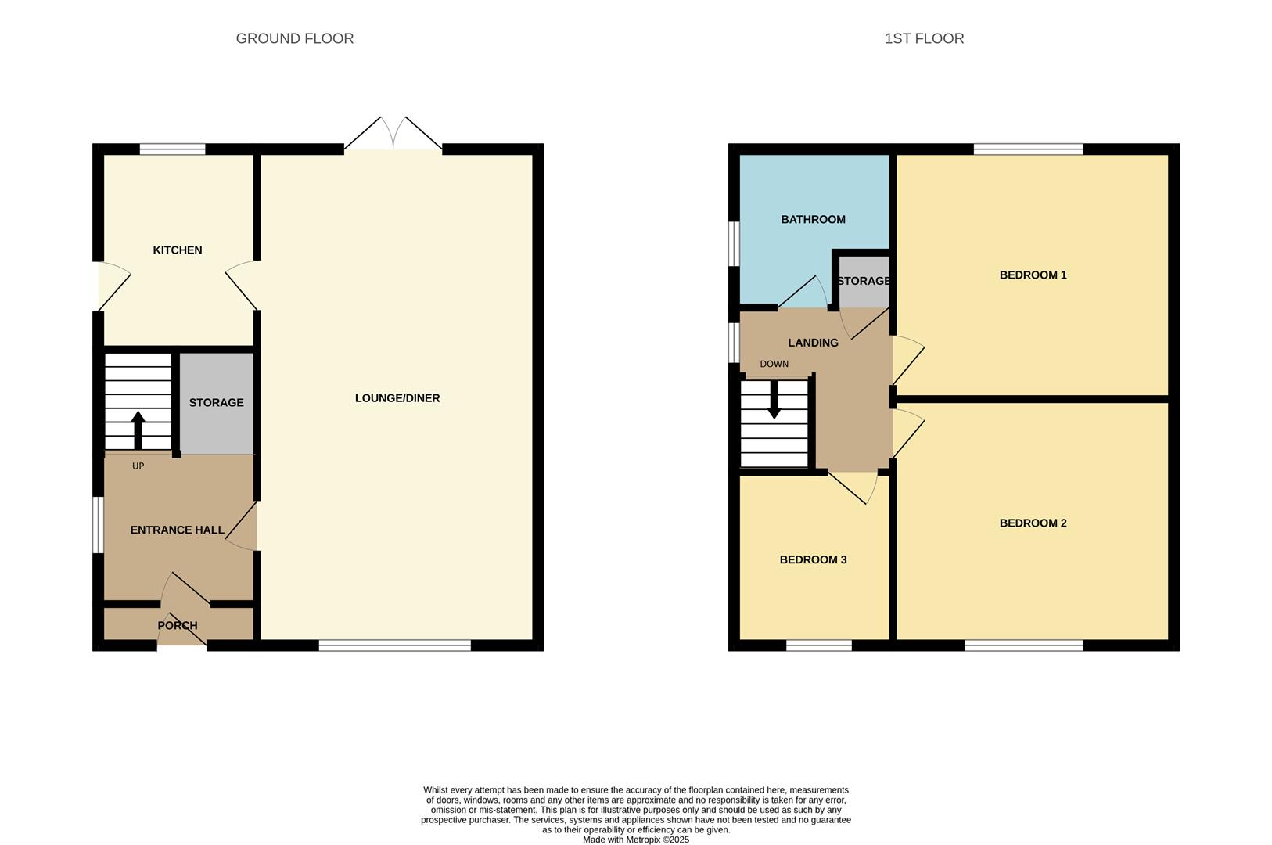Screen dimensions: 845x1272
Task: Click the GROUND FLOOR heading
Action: pos(294,38)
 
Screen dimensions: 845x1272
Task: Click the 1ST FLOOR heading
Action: pos(924,38)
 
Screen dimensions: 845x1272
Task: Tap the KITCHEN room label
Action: pos(177,250)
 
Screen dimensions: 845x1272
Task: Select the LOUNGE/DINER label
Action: pos(397,398)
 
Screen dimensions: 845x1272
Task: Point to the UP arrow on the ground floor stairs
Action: pos(138,428)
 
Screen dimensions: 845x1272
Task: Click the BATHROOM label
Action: pos(813,220)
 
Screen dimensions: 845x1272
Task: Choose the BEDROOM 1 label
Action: pos(1033,275)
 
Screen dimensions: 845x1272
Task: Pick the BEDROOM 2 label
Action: pos(1033,523)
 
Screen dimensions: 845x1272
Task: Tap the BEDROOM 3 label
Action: pos(813,560)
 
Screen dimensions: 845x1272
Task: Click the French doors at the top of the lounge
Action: pos(393,137)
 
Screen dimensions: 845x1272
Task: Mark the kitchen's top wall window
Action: pos(172,149)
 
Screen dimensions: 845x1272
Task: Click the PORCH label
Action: pos(178,626)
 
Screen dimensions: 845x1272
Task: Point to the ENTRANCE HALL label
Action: pos(177,530)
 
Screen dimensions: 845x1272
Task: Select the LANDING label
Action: pos(813,343)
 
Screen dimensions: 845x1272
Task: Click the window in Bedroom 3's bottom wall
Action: pos(818,645)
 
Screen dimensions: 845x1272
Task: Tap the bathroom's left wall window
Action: pos(734,244)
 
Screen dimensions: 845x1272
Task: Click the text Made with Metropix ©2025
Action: pos(635,840)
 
